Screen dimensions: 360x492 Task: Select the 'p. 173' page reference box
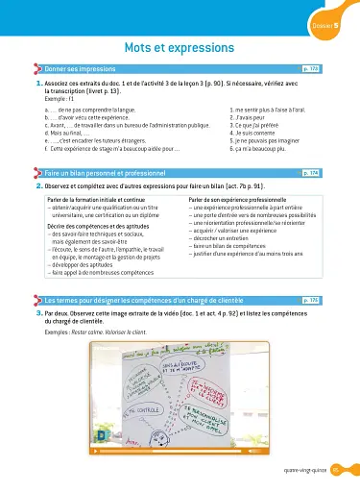pyautogui.click(x=310, y=69)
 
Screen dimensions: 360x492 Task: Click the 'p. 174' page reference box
pyautogui.click(x=310, y=172)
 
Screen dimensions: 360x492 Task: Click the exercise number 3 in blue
pyautogui.click(x=36, y=287)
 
